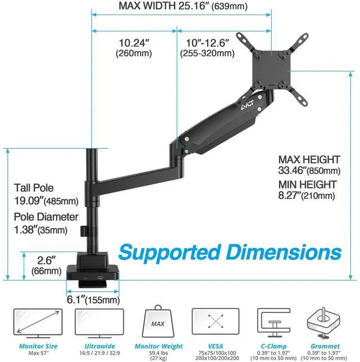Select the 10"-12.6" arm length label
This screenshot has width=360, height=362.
(x=206, y=47)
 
